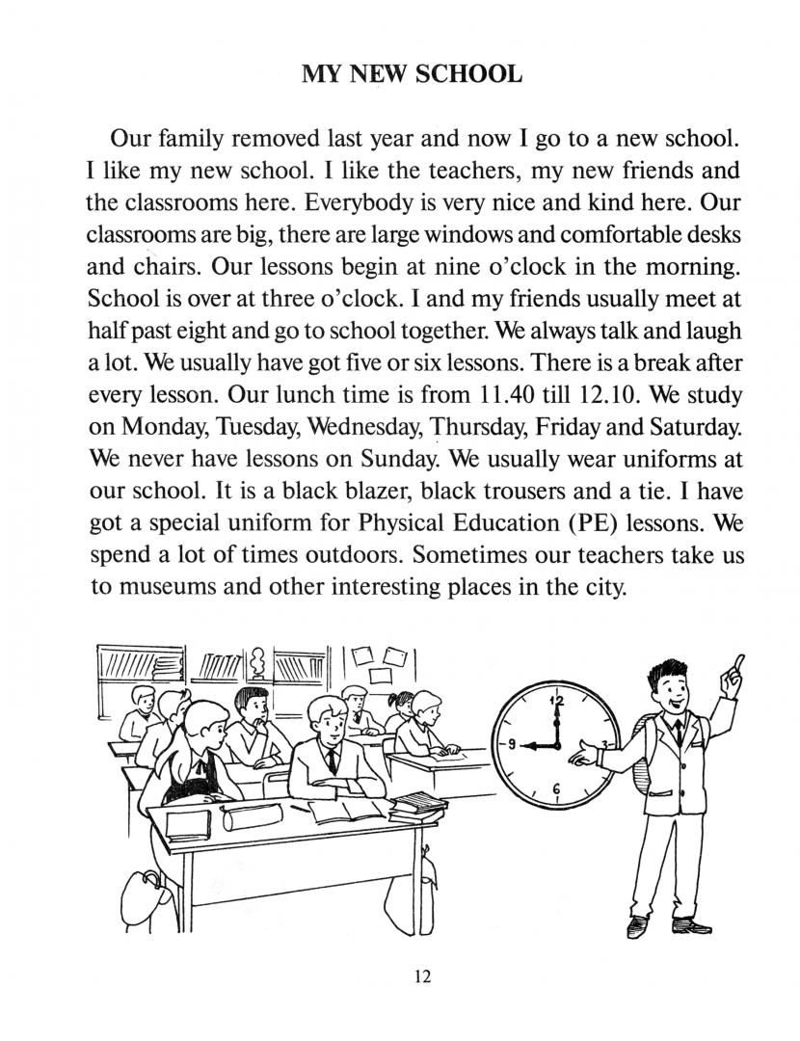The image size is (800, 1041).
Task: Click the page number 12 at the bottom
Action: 422,976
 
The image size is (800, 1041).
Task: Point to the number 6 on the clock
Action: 556,789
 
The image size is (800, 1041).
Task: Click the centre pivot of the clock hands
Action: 557,745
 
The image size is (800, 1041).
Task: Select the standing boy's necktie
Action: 680,732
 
